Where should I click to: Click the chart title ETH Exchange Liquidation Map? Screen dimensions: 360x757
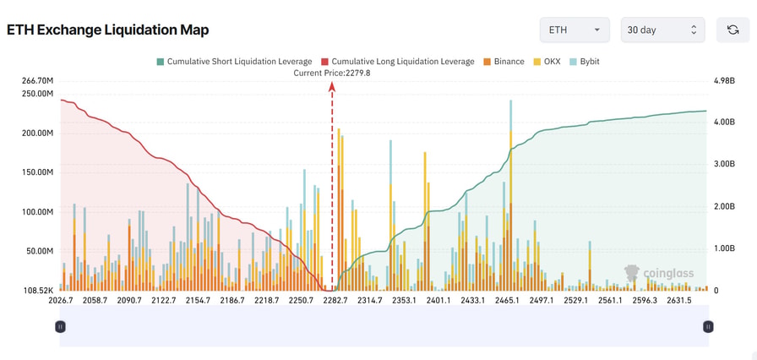(107, 30)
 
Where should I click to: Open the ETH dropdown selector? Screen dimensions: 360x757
(575, 30)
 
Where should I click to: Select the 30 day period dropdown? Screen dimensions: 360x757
(662, 30)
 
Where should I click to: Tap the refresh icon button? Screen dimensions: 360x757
(732, 30)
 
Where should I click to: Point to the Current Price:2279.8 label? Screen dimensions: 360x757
(332, 73)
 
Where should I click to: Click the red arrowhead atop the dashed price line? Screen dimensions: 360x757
(332, 85)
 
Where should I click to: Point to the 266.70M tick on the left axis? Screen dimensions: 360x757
(37, 81)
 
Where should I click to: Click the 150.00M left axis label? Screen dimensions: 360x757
(37, 172)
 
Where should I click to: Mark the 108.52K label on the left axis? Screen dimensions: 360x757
(37, 291)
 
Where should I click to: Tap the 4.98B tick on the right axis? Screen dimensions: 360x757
(724, 81)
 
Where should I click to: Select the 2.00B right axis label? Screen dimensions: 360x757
(724, 206)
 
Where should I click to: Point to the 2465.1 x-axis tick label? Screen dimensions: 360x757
(511, 301)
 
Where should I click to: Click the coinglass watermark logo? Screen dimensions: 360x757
(659, 273)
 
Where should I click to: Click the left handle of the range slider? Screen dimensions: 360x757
(60, 326)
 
